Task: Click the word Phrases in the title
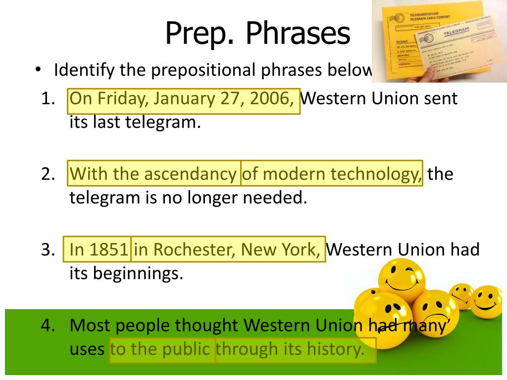click(x=298, y=34)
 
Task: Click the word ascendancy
click(x=190, y=174)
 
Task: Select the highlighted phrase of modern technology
click(x=332, y=174)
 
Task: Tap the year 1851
click(x=108, y=249)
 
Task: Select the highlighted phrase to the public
click(x=162, y=349)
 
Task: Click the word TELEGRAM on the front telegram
click(x=455, y=33)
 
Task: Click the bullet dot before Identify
click(x=38, y=70)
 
